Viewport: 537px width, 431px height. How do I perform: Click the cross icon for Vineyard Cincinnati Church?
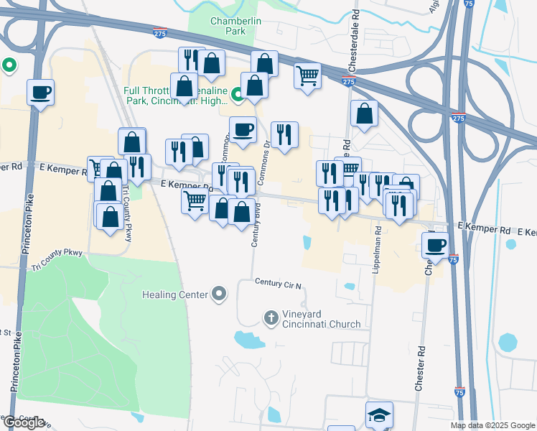pos(271,317)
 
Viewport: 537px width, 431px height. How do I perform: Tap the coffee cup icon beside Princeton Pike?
pos(40,93)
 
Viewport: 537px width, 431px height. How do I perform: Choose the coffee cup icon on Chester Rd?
pos(435,245)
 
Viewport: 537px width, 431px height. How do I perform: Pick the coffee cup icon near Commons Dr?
pos(243,129)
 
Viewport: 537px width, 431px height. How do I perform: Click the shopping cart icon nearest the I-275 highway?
pos(307,75)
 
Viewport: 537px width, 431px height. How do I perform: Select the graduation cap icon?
pos(379,414)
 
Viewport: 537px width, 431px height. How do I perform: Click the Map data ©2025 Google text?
pos(493,425)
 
